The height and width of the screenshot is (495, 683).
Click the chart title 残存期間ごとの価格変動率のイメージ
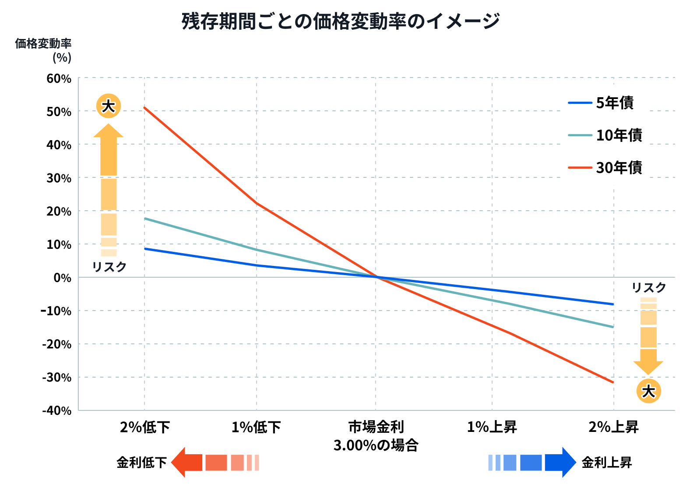[341, 21]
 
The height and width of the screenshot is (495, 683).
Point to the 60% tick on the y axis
[59, 79]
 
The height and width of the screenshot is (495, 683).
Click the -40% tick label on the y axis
[57, 410]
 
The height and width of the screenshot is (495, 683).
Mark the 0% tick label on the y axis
[63, 278]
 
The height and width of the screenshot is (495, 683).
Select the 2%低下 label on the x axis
[145, 427]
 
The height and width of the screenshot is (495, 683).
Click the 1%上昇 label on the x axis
[492, 427]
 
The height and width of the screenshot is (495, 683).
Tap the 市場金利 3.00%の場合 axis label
[376, 436]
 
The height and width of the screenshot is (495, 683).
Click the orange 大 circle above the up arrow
[108, 106]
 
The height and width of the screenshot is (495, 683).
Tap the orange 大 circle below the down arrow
[648, 391]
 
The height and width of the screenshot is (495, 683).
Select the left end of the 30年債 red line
[145, 108]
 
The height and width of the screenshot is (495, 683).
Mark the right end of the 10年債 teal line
[613, 327]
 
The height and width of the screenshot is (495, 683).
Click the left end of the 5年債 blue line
[145, 249]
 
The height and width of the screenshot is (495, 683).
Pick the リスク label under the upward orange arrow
[109, 267]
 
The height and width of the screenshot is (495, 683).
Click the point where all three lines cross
[376, 277]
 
